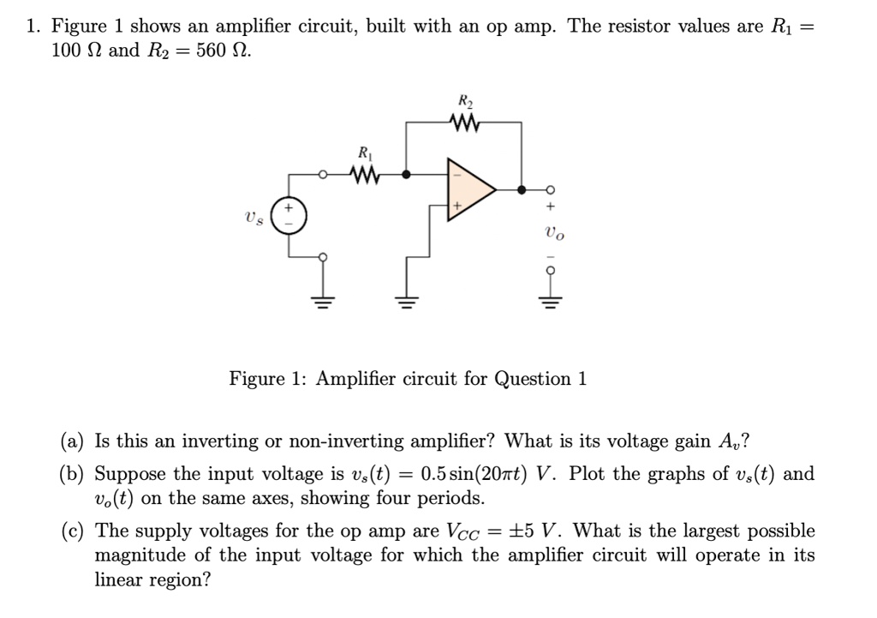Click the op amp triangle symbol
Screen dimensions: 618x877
tap(468, 189)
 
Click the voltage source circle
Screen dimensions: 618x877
tap(286, 214)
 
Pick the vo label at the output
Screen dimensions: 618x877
tap(554, 232)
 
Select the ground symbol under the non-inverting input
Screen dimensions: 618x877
tap(404, 301)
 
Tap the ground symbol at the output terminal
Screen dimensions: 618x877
tap(550, 301)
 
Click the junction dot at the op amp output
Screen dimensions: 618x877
tap(522, 189)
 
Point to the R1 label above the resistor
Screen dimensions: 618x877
tap(367, 154)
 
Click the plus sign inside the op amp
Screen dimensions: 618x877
tap(458, 206)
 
